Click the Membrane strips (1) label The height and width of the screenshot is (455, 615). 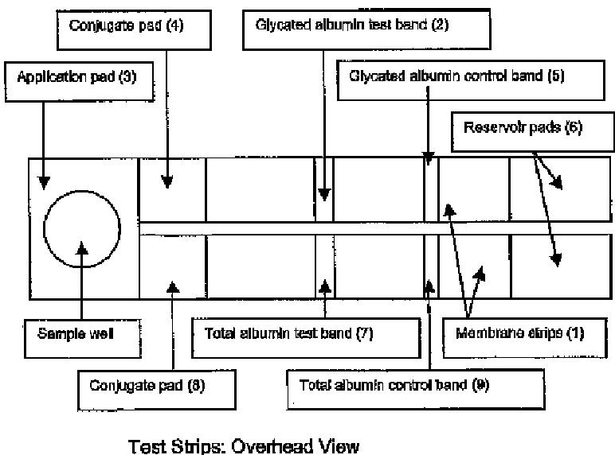(519, 334)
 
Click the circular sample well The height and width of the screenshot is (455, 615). (83, 229)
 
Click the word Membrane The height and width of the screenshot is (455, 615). (486, 334)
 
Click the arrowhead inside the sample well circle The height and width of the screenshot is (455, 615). (82, 250)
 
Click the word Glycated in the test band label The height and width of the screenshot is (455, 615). (280, 26)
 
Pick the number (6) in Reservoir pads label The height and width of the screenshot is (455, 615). (572, 128)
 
